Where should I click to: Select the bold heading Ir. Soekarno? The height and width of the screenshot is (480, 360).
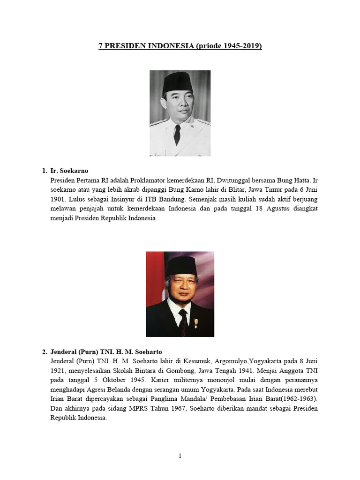pyautogui.click(x=69, y=172)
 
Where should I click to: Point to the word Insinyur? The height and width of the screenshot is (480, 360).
pyautogui.click(x=124, y=199)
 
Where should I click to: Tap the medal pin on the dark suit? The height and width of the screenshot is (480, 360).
pyautogui.click(x=195, y=323)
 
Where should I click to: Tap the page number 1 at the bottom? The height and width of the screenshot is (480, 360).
pyautogui.click(x=180, y=457)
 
